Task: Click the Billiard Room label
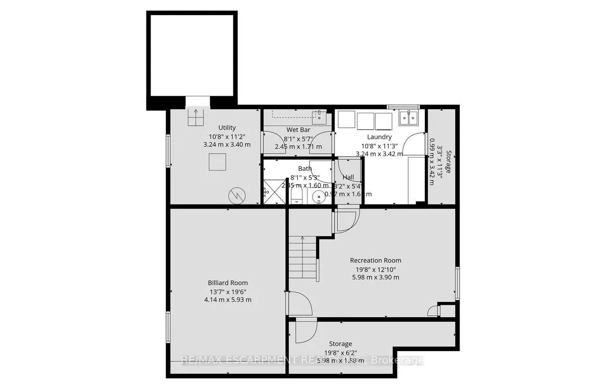(x=227, y=283)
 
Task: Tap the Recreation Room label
(x=375, y=261)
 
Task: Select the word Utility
(x=227, y=128)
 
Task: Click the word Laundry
(x=379, y=137)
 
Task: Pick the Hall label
(x=348, y=177)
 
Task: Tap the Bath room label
(x=305, y=169)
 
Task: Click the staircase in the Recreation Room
(x=303, y=260)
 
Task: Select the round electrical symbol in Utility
(x=236, y=194)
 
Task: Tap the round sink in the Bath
(x=319, y=196)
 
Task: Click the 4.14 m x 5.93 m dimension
(x=227, y=300)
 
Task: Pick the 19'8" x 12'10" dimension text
(x=375, y=269)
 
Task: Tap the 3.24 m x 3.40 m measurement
(x=227, y=144)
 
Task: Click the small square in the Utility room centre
(x=218, y=162)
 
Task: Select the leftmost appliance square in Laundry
(x=346, y=120)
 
